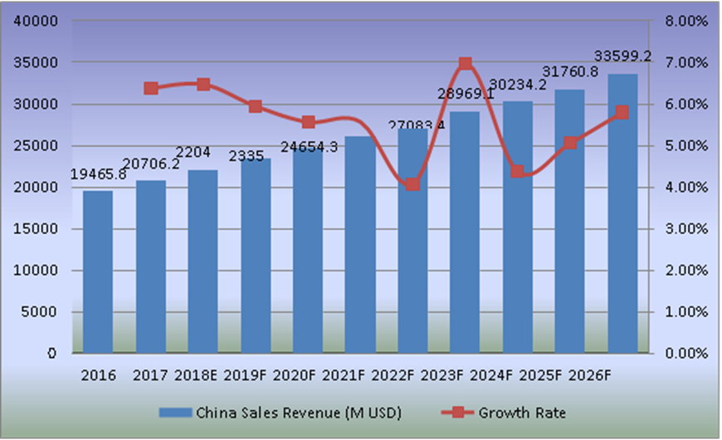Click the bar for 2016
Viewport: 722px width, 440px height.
(98, 271)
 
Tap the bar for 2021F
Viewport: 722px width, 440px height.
(360, 244)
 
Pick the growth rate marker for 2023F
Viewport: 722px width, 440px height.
(465, 63)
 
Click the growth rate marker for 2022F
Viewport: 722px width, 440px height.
(412, 184)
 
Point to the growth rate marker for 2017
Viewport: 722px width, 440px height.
(150, 88)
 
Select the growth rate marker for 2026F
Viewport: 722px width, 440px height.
(622, 112)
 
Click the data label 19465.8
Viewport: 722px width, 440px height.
(98, 174)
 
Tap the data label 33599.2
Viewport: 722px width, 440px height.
(622, 56)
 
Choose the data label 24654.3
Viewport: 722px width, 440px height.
(309, 146)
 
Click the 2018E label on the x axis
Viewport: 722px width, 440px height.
(196, 375)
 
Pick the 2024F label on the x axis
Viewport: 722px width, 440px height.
(493, 375)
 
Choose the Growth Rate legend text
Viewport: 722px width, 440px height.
(522, 413)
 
